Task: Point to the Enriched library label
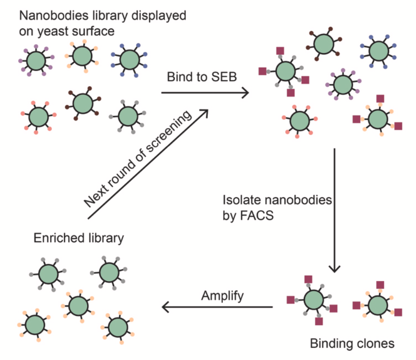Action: (x=79, y=238)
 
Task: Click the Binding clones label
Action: (x=352, y=343)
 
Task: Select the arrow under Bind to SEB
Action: (x=205, y=93)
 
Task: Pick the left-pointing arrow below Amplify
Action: (x=217, y=308)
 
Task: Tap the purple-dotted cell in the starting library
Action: (x=36, y=60)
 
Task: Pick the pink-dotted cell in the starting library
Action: (x=39, y=117)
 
